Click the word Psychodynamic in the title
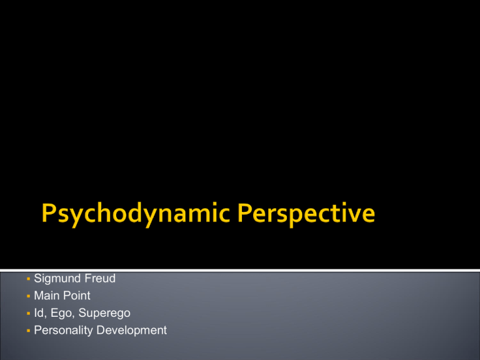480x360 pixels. tap(136, 214)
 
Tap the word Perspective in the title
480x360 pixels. tap(306, 214)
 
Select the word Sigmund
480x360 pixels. tap(57, 279)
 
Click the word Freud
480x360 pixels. tap(100, 278)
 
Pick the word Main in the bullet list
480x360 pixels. tap(46, 296)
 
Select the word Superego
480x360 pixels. tap(104, 314)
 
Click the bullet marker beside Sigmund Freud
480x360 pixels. tap(29, 279)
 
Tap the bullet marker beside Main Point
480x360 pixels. tap(29, 296)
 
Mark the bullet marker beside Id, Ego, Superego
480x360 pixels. tap(29, 314)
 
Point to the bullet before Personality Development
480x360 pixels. tap(29, 331)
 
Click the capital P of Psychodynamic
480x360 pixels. tap(48, 212)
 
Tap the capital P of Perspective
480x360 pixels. tap(244, 212)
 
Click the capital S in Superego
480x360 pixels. tap(82, 312)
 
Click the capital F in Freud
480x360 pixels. tap(88, 278)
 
